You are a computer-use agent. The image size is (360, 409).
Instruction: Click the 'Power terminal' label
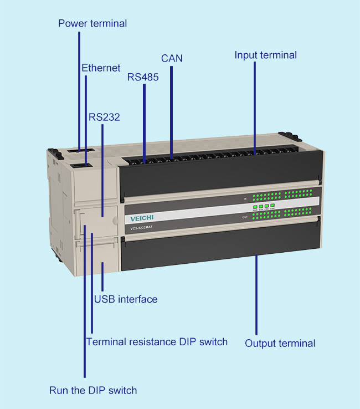(x=92, y=23)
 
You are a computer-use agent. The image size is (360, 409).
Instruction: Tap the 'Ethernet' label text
(x=101, y=68)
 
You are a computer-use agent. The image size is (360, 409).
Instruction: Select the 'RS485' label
(x=143, y=78)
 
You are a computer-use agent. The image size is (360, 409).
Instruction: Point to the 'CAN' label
(x=172, y=58)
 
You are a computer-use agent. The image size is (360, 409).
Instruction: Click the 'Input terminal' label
(x=265, y=55)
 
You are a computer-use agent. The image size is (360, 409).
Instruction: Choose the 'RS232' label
(x=104, y=117)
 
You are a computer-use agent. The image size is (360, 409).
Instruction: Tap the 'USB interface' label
(x=126, y=299)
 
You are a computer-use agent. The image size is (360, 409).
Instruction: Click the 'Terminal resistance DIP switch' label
(x=157, y=341)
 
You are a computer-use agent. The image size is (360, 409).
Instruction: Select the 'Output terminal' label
(x=280, y=343)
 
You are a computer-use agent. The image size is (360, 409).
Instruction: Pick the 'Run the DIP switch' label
(x=93, y=390)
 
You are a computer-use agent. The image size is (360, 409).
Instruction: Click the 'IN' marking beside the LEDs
(x=244, y=198)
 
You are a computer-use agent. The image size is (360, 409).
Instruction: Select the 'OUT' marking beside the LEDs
(x=244, y=218)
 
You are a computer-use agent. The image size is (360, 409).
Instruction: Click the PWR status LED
(x=255, y=207)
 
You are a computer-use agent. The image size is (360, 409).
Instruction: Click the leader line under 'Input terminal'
(x=255, y=105)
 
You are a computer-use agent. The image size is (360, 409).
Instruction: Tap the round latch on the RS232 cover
(x=115, y=220)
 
